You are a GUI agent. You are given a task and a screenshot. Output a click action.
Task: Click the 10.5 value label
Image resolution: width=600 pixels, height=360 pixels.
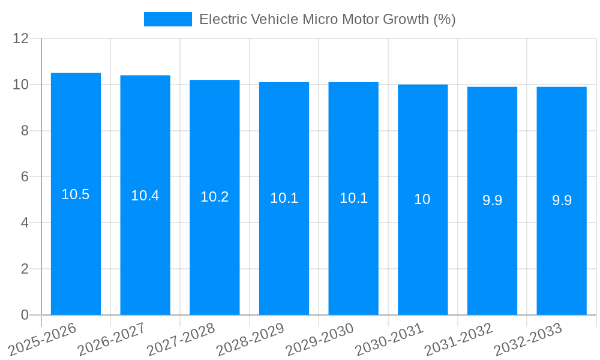point(76,194)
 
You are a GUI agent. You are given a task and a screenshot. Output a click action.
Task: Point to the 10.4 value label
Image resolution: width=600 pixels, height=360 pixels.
point(145,196)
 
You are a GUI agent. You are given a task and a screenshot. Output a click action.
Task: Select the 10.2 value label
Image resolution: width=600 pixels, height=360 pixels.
point(215,197)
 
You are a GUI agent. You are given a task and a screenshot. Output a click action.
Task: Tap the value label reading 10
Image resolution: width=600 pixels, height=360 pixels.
point(422,199)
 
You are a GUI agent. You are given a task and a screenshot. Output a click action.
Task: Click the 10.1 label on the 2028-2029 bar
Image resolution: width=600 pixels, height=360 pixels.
point(284,198)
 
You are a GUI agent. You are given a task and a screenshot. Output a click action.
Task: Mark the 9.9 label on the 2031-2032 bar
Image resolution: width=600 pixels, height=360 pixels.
point(492,200)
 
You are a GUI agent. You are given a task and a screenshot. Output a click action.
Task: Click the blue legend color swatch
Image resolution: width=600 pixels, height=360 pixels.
point(168,19)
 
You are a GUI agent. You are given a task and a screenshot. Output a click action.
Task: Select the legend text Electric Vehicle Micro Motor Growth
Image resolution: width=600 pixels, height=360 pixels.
point(327,19)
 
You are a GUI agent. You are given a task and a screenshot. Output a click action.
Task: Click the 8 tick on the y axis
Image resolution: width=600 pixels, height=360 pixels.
point(25,131)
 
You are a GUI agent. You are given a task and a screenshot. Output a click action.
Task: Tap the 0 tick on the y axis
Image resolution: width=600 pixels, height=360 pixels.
point(25,315)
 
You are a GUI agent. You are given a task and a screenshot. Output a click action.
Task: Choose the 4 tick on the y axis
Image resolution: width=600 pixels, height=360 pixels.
point(25,223)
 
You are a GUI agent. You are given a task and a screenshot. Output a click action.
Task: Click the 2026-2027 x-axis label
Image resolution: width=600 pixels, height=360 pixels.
point(113,338)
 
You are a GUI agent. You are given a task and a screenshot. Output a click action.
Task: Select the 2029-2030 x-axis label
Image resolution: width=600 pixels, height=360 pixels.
point(321,338)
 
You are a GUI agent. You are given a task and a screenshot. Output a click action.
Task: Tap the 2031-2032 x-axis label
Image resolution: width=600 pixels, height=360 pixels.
point(460,338)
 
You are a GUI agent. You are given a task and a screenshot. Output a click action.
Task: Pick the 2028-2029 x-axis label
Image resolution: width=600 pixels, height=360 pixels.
point(252,338)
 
